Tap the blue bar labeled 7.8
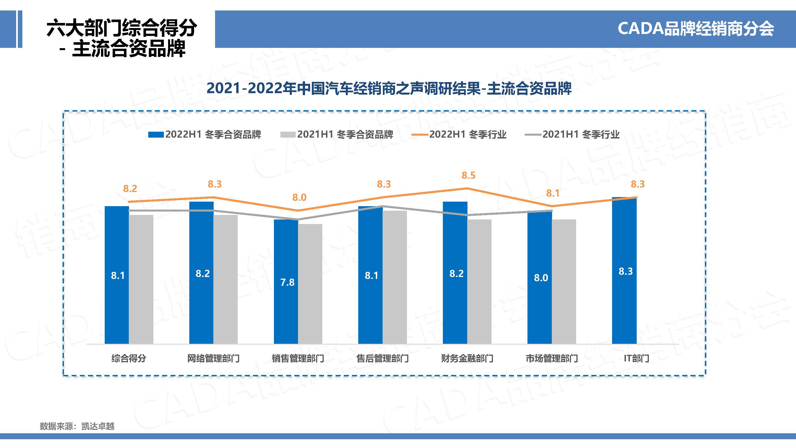tap(286, 281)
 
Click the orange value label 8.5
tap(468, 176)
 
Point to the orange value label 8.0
tap(299, 197)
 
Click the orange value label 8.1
tap(553, 193)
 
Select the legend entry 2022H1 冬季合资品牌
tap(205, 135)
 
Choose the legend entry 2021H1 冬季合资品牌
tap(337, 135)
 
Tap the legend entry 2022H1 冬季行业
tap(459, 135)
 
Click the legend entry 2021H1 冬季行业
tap(572, 135)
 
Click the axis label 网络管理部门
tap(213, 358)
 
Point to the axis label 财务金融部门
tap(467, 358)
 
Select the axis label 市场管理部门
tap(552, 358)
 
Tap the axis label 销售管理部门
tap(298, 358)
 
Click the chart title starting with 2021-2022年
tap(389, 88)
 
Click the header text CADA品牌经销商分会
tap(695, 29)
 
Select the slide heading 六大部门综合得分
tap(121, 28)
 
